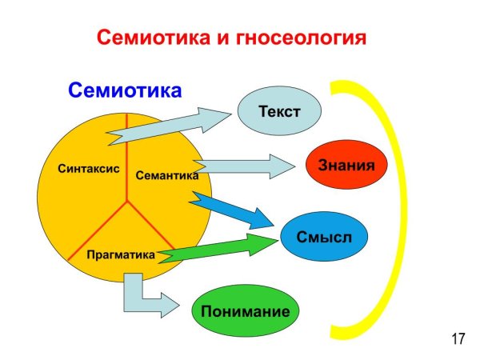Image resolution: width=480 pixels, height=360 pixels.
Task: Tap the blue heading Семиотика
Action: pyautogui.click(x=125, y=90)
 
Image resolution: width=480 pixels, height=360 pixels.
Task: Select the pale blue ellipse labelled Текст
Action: pyautogui.click(x=279, y=111)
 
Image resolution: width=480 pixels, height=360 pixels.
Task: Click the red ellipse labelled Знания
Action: pyautogui.click(x=347, y=166)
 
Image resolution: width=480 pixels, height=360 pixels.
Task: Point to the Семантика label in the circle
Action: pyautogui.click(x=166, y=175)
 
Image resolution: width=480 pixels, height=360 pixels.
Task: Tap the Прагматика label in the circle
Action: pyautogui.click(x=120, y=255)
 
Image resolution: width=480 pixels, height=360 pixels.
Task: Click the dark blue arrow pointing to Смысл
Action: pyautogui.click(x=236, y=210)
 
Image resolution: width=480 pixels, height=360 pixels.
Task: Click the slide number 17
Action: pyautogui.click(x=458, y=339)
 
